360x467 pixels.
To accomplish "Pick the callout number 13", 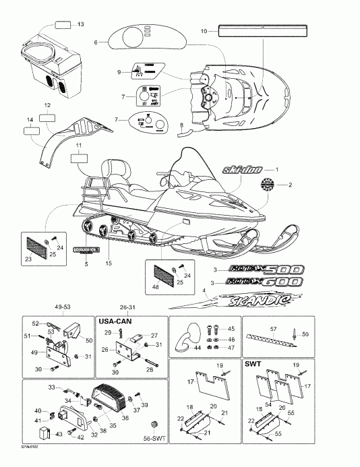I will [81, 25].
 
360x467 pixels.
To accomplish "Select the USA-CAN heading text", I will [116, 321].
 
